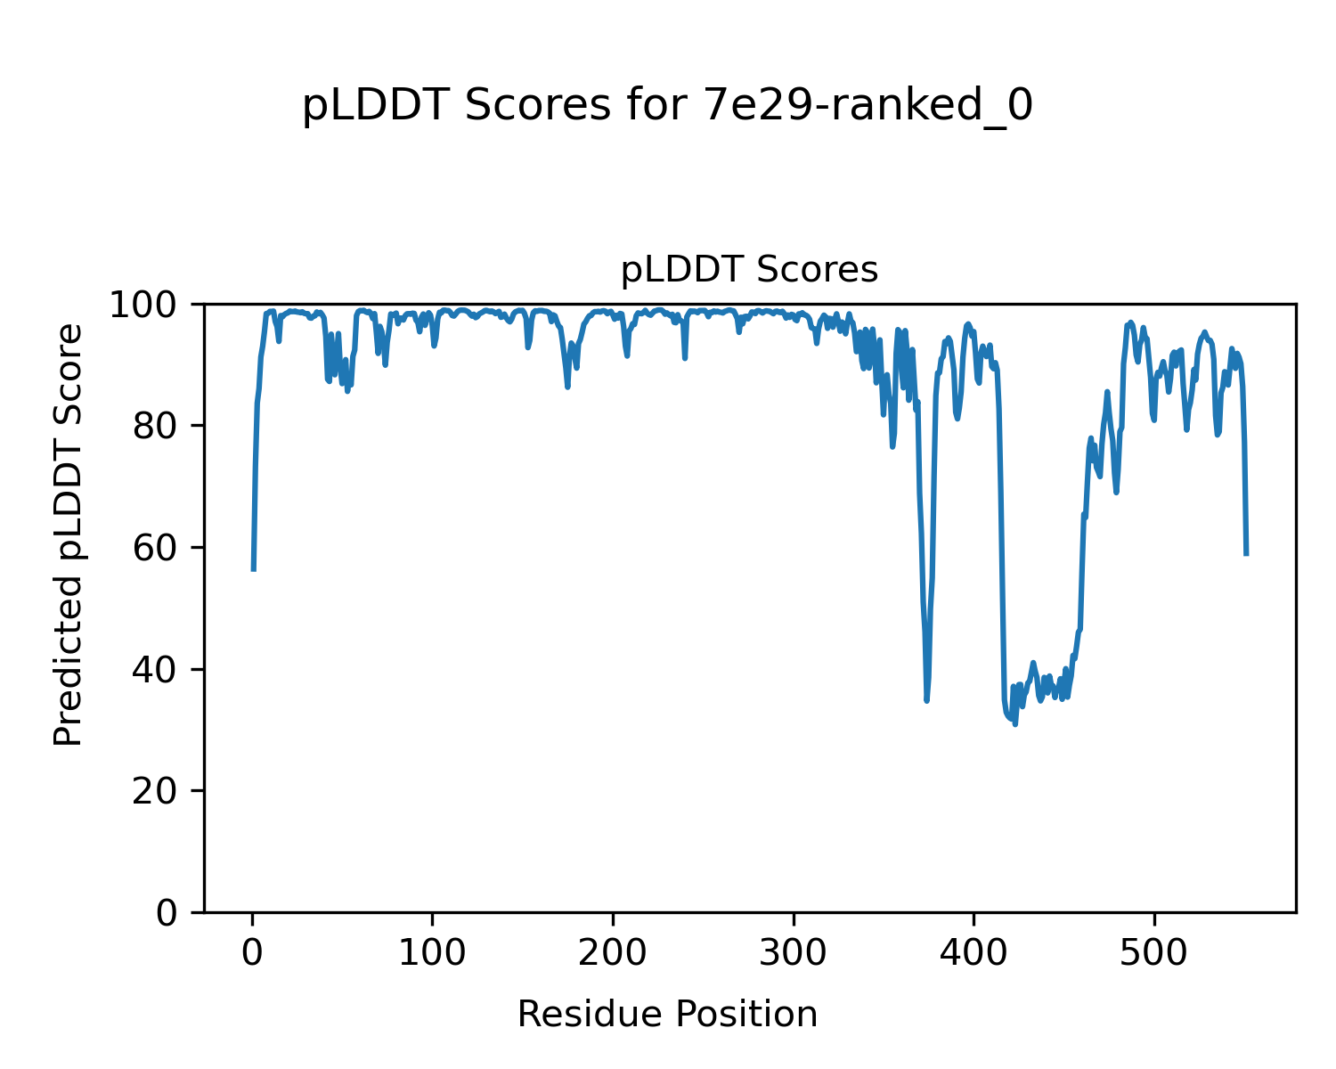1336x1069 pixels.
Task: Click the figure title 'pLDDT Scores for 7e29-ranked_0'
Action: coord(667,106)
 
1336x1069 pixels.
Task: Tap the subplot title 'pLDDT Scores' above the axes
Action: coord(749,270)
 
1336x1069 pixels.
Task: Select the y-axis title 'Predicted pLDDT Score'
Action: coord(69,534)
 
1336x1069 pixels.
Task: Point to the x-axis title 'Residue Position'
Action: coord(667,1014)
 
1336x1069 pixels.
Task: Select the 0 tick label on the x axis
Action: coord(253,953)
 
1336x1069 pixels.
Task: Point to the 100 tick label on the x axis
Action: coord(433,953)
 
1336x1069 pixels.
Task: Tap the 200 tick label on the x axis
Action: coord(613,953)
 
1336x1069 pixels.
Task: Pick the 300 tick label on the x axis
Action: coord(793,953)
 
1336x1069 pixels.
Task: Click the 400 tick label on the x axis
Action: coord(973,953)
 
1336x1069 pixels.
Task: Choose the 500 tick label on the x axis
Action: coord(1153,953)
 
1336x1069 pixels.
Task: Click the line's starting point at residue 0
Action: coord(254,570)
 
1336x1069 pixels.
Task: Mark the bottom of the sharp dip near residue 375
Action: coord(926,701)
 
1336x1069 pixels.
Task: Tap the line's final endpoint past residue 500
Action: coord(1246,555)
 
